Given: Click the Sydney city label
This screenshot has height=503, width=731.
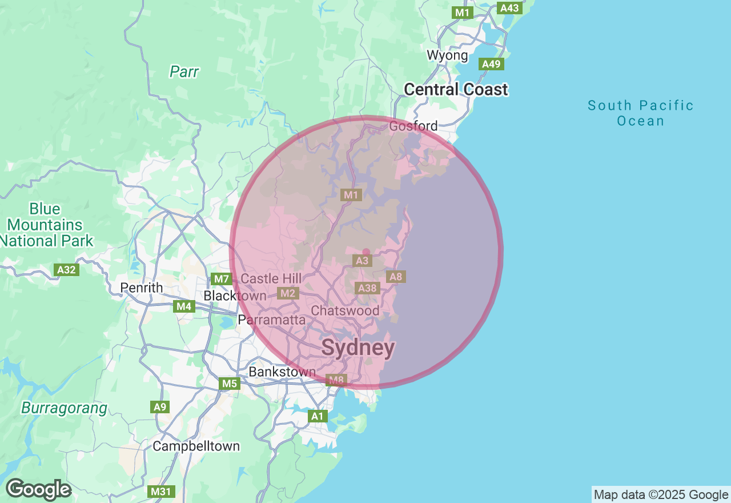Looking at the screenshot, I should coord(358,348).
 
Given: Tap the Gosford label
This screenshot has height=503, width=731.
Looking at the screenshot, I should coord(413,126).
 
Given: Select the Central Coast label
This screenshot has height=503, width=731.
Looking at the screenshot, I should coord(456,90).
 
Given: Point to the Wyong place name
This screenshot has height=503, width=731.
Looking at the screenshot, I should coord(448,55).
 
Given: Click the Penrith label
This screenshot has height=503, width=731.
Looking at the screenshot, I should coord(142,288).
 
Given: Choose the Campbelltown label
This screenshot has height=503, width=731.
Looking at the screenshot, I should coord(196,446).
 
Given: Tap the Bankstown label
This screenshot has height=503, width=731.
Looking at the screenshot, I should coord(282,372).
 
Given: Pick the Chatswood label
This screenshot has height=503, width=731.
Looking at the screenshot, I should coord(345,311).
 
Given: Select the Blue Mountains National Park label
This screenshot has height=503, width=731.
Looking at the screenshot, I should coord(46,225).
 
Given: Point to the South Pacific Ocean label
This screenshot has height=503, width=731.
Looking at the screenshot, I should coord(641,113).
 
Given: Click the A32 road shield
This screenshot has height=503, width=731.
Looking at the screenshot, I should coord(67,269).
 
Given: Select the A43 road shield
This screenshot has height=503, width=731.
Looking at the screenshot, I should coord(509,7).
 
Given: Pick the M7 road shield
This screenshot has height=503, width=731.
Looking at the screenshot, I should coord(221,279).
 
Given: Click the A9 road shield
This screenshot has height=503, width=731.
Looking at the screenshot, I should coord(160,407).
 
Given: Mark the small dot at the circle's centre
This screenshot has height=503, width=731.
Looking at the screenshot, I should coord(366,252).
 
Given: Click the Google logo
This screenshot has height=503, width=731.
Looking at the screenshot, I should coord(39,489).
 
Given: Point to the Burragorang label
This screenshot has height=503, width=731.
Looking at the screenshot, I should coord(64,408).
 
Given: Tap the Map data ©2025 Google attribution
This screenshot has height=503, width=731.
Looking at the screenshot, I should coord(661,494).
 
